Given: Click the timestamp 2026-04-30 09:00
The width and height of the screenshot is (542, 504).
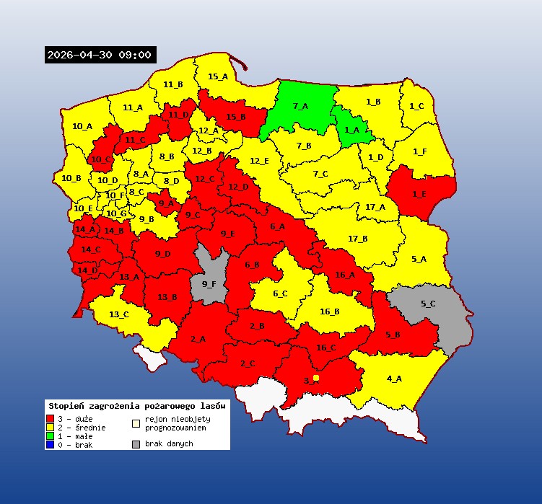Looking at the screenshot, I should tap(100, 55).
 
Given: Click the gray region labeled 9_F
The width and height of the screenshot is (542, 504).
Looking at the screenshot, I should tap(209, 283).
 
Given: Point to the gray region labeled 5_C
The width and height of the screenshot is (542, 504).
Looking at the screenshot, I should tap(428, 304).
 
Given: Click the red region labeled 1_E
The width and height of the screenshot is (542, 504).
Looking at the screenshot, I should tap(419, 193).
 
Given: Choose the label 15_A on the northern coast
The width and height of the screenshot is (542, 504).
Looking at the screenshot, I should tap(218, 76).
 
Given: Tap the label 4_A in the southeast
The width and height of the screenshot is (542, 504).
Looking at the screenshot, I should tap(394, 379).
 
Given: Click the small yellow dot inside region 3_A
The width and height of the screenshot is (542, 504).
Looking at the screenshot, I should tap(316, 378).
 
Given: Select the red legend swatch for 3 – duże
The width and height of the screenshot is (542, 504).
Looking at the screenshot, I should tap(51, 418).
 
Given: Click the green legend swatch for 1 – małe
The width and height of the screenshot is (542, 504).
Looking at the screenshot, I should tap(51, 436).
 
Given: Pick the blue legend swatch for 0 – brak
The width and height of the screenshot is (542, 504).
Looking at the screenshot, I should tap(51, 444).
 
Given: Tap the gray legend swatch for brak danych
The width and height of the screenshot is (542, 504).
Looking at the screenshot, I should tap(136, 444).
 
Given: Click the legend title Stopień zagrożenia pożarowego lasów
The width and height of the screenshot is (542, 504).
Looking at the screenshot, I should tap(136, 406).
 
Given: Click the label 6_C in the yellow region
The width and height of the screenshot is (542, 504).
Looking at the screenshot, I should tap(280, 293).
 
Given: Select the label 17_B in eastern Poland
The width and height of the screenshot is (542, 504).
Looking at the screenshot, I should tap(357, 239).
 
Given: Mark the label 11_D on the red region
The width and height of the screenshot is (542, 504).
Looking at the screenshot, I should tap(178, 115).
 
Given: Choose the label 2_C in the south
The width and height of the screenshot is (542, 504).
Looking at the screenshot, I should tap(248, 363).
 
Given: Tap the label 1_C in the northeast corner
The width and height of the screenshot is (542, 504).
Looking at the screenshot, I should tap(416, 106).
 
